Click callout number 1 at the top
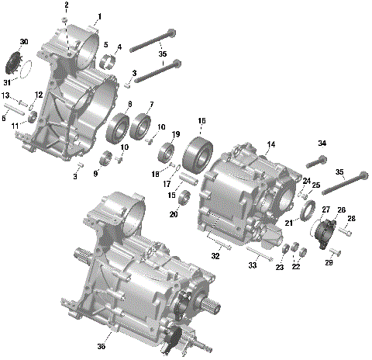pyautogui.click(x=98, y=16)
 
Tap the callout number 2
pyautogui.click(x=67, y=5)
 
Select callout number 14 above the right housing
pyautogui.click(x=271, y=145)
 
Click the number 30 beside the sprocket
pyautogui.click(x=24, y=42)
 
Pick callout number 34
pyautogui.click(x=322, y=144)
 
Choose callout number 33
pyautogui.click(x=252, y=265)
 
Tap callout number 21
pyautogui.click(x=288, y=223)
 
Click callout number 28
pyautogui.click(x=351, y=220)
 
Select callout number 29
pyautogui.click(x=330, y=263)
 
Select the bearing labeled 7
pyautogui.click(x=143, y=125)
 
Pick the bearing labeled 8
pyautogui.click(x=121, y=126)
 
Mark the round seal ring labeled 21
pyautogui.click(x=306, y=210)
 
